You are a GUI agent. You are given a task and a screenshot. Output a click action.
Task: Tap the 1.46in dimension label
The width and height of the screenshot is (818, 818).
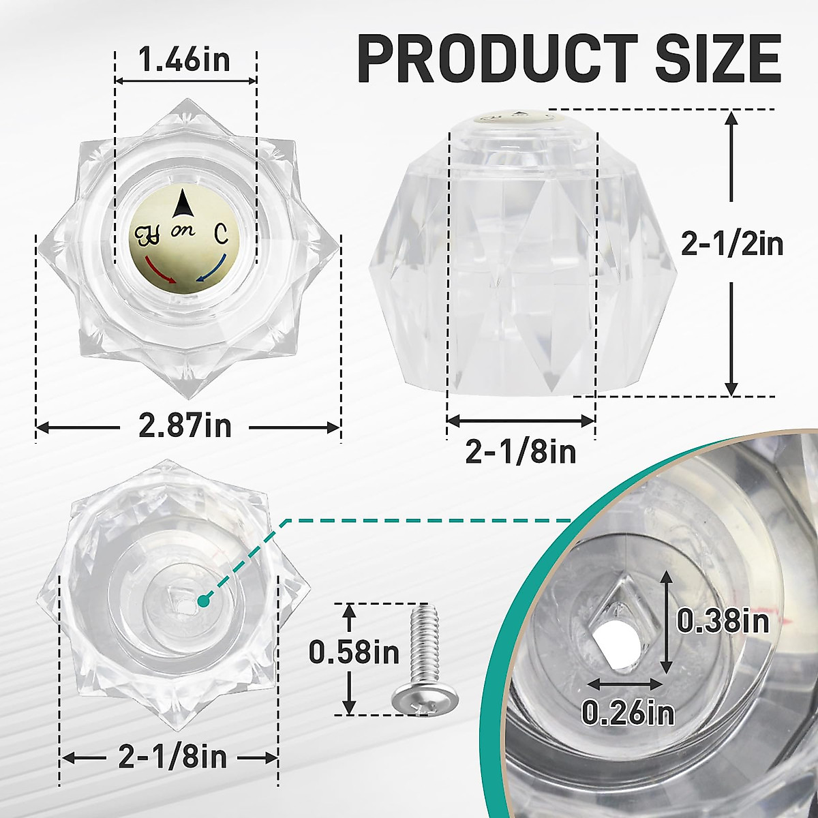point(185,61)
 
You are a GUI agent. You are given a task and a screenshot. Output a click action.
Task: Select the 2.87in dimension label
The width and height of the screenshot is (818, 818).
point(185,427)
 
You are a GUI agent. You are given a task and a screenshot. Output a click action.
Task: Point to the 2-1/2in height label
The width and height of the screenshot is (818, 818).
point(733,243)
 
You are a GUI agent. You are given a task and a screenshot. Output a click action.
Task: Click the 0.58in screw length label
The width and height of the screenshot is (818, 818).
point(354,652)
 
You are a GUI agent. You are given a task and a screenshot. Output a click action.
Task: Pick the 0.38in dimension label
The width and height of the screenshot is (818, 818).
point(723,620)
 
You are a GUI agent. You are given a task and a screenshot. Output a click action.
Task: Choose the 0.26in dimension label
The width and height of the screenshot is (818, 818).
point(628,712)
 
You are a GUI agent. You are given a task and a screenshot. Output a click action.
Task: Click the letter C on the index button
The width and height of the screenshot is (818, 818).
point(222,234)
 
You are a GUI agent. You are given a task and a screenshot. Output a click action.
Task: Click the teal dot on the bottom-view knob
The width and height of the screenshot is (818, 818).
point(203,601)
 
